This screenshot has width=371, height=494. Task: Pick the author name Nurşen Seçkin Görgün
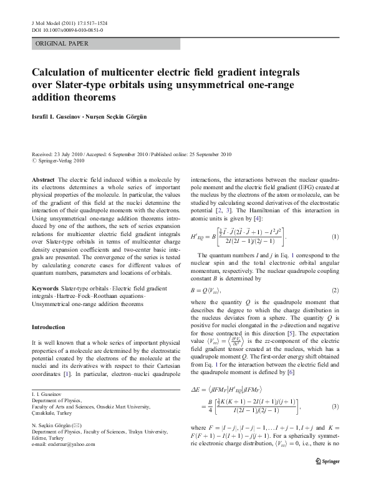tap(127, 117)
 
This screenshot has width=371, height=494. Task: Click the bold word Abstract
tap(44, 179)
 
